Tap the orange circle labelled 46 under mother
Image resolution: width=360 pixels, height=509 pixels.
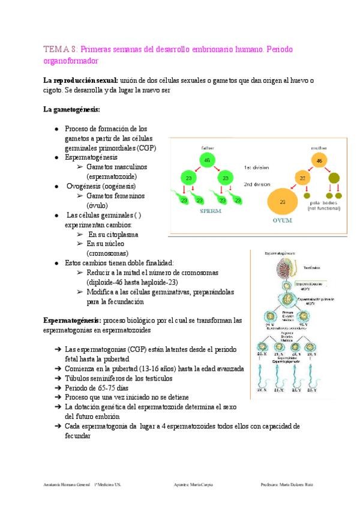click(320, 161)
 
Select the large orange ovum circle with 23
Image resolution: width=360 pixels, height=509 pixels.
click(283, 202)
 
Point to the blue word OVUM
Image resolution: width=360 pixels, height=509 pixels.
click(283, 220)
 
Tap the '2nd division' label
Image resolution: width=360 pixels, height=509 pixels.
click(257, 184)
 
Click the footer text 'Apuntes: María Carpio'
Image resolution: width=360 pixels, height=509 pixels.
click(192, 484)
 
